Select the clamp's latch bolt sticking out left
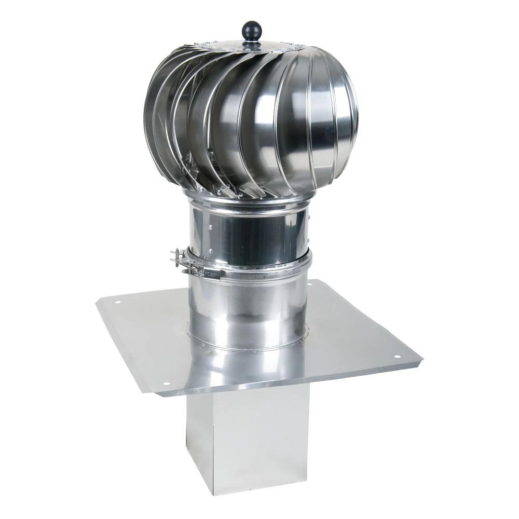pos(175,255)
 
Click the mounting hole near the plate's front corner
pos(166,384)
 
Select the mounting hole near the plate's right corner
pos(397,357)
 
